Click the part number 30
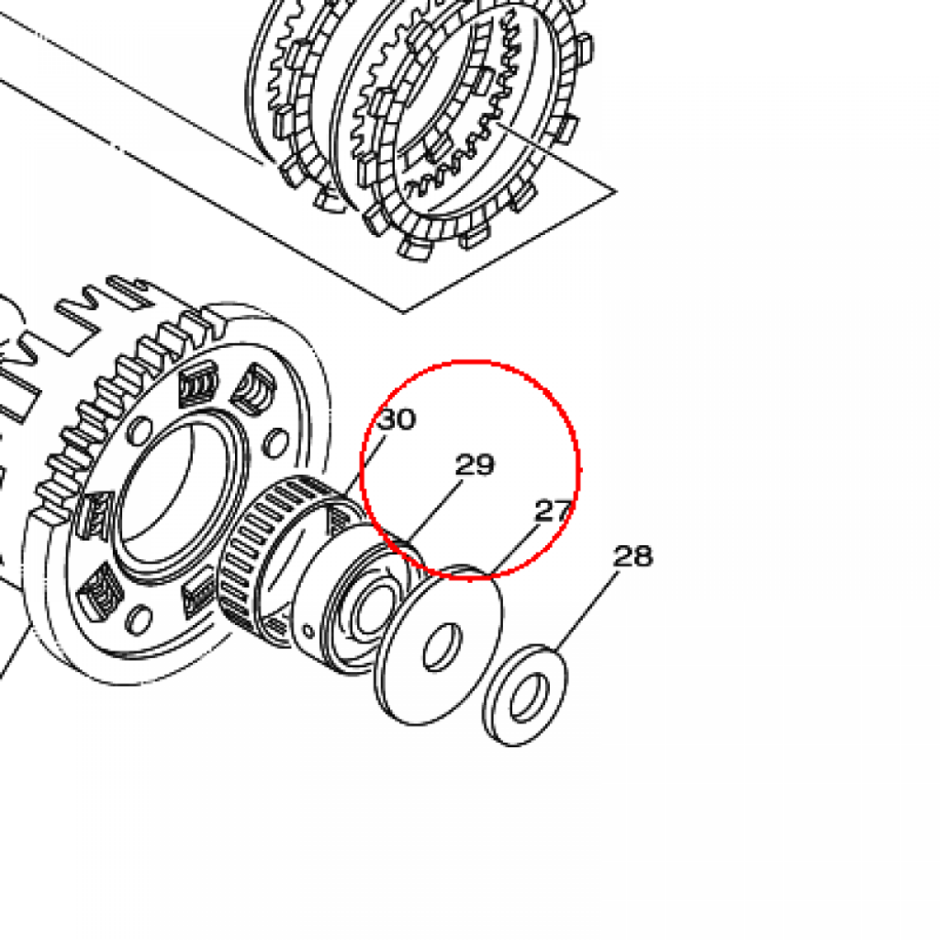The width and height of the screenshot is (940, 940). pyautogui.click(x=397, y=420)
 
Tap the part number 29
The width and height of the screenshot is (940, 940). pyautogui.click(x=475, y=464)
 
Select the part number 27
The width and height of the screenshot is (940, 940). pyautogui.click(x=553, y=510)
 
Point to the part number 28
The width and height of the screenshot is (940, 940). pyautogui.click(x=633, y=556)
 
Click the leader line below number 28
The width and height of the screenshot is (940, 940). pyautogui.click(x=587, y=611)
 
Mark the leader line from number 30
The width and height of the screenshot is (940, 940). pyautogui.click(x=365, y=467)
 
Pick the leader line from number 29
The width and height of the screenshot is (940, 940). pyautogui.click(x=436, y=511)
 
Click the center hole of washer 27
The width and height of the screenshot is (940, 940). pyautogui.click(x=443, y=647)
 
